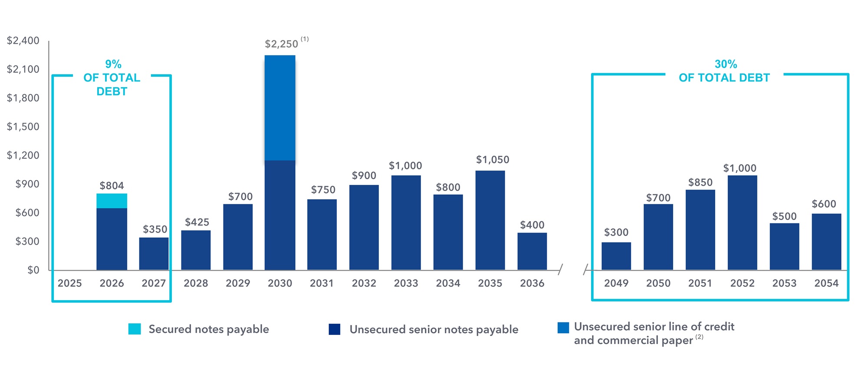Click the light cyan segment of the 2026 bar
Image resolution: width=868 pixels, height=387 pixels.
pos(112,201)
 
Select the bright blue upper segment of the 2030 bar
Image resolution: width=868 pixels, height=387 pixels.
pos(280,108)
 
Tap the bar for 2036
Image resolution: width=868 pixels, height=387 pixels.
pos(532,251)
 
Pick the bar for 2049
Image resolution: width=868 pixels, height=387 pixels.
pos(616,256)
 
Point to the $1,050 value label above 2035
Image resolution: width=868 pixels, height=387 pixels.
pos(493,160)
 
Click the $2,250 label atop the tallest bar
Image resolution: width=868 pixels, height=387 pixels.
pos(281,44)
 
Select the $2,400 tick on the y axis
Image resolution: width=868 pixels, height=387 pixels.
pos(23,41)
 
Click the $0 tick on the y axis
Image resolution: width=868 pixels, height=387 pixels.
pos(33,270)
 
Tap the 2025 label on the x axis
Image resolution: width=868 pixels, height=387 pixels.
pos(69,283)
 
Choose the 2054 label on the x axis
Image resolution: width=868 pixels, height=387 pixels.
pos(826,283)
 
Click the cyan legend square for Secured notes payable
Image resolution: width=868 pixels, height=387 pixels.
pos(135,329)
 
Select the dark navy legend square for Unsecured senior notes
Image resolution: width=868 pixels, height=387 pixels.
pos(334,329)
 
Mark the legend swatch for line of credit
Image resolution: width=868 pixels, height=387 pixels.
pos(563,328)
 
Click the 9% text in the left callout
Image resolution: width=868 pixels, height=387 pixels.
pos(113,64)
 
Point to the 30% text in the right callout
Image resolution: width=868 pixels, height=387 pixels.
pos(726,64)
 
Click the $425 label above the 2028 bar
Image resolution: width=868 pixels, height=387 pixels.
pos(197,222)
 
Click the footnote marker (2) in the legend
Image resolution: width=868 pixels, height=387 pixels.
pos(699,337)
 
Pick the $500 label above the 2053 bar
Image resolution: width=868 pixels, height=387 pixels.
pos(784,216)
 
